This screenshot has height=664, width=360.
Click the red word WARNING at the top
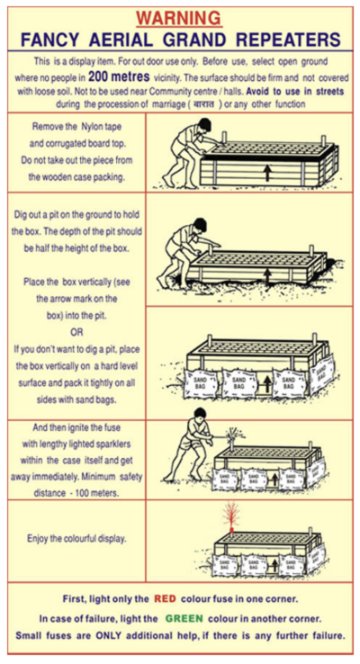pos(179,19)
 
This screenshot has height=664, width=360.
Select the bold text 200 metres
pos(119,76)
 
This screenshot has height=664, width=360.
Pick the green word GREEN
pos(184,618)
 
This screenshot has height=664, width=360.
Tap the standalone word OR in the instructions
pos(76,332)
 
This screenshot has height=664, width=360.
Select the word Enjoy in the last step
pos(38,539)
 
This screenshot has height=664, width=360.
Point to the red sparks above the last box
pos(231,514)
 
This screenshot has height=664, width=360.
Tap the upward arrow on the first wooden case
pos(266,173)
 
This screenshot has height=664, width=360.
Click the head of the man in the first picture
pos(203,125)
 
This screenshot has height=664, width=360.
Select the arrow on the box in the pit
pos(267,276)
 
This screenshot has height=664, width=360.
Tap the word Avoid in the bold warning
pos(258,91)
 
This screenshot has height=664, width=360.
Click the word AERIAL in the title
pos(122,40)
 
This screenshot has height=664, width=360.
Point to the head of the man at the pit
pos(200,225)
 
